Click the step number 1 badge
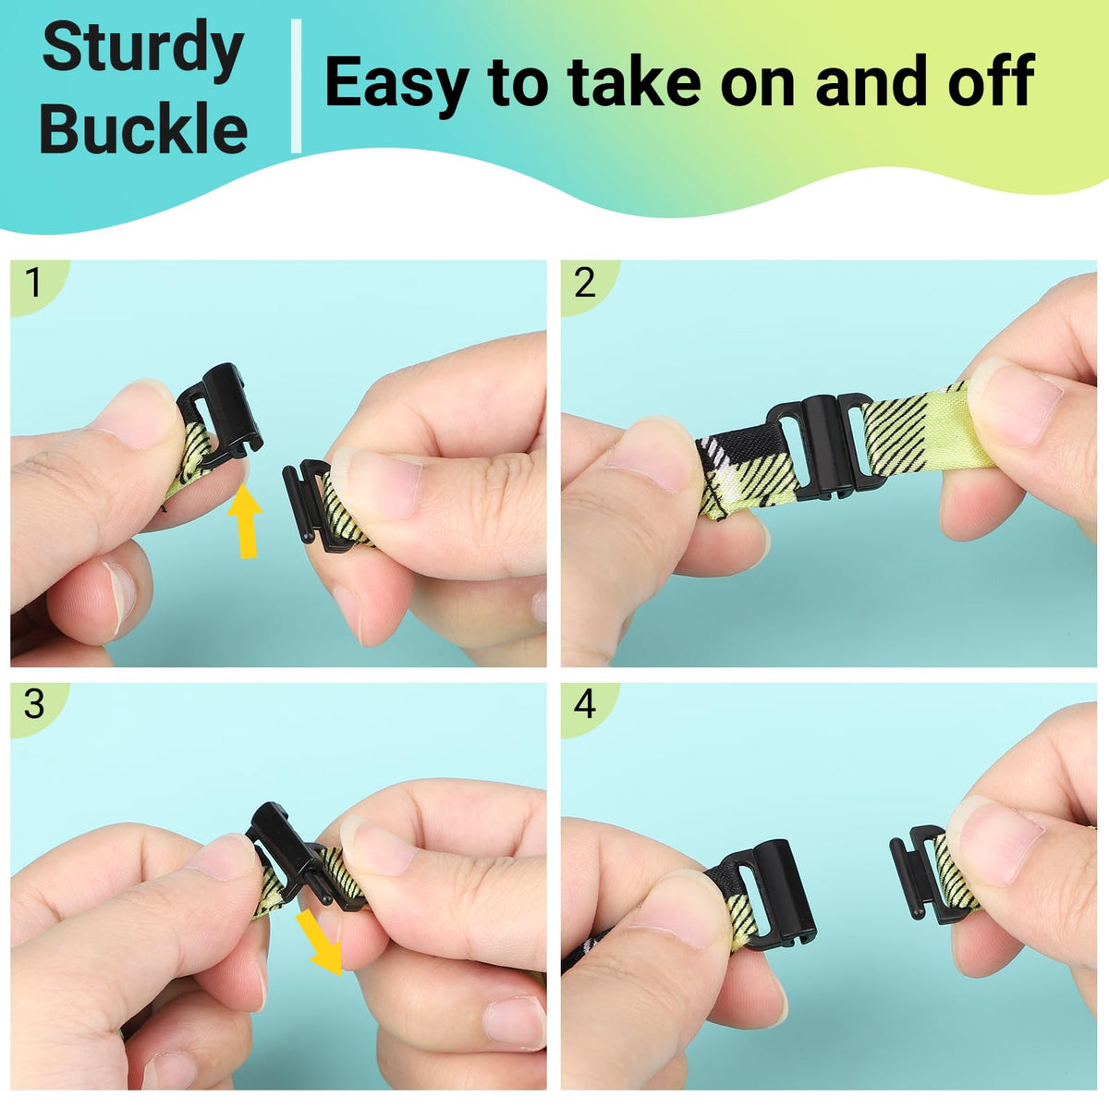click(34, 283)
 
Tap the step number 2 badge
click(585, 283)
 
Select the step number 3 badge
click(34, 704)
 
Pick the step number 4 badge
click(585, 704)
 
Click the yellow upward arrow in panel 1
click(246, 520)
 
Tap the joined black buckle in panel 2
click(819, 443)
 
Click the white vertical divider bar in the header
click(297, 86)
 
